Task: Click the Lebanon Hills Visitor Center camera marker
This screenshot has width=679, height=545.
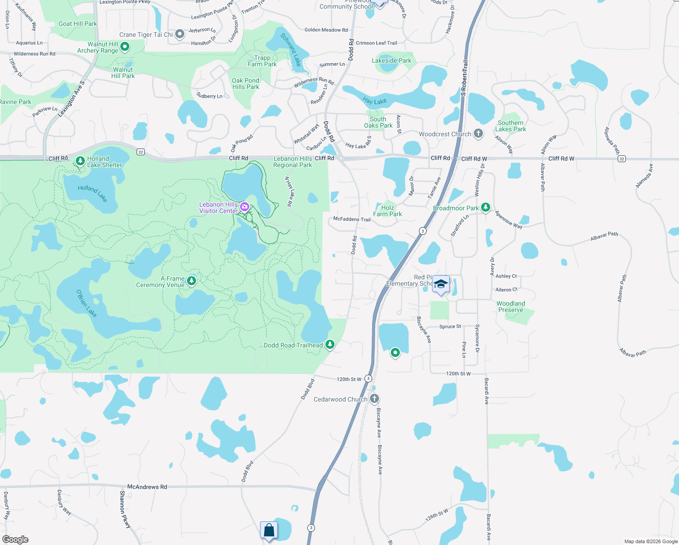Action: (x=245, y=207)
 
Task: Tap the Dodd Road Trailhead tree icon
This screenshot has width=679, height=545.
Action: (x=330, y=345)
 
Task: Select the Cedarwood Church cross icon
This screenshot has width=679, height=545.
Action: (x=374, y=399)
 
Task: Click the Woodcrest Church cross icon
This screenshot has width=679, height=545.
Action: (x=478, y=134)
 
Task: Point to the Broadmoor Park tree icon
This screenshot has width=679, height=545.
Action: (x=486, y=208)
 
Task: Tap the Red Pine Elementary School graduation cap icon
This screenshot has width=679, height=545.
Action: (x=440, y=285)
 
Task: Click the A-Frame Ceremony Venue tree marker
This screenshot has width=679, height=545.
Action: (x=192, y=281)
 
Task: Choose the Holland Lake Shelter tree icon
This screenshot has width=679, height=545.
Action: (x=80, y=161)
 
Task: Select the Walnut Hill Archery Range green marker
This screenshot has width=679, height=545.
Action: (x=125, y=46)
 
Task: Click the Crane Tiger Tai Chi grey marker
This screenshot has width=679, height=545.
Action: (x=180, y=34)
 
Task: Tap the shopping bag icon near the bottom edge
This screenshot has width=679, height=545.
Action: (x=269, y=530)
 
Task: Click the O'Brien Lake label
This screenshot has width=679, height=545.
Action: (x=86, y=303)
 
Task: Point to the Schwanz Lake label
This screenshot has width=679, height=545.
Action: (x=290, y=50)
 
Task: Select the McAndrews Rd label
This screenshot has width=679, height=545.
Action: (x=147, y=486)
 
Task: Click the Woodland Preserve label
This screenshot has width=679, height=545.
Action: (x=511, y=307)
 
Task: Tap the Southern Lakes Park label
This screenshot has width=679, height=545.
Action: (x=511, y=126)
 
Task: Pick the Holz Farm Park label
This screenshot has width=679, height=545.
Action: (x=388, y=211)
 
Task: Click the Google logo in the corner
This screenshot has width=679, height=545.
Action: (x=15, y=539)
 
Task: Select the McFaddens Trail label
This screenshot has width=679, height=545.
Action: (x=352, y=219)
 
